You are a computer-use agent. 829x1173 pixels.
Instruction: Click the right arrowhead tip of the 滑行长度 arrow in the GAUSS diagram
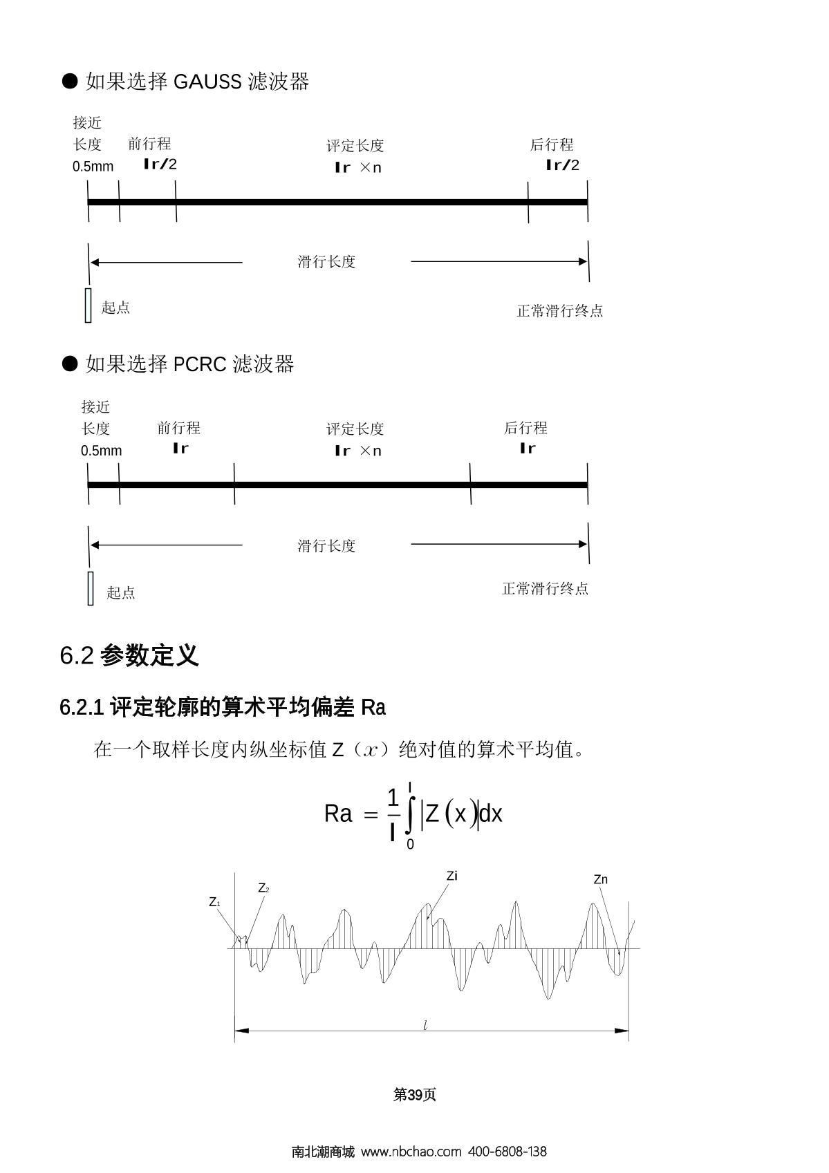[x=587, y=261]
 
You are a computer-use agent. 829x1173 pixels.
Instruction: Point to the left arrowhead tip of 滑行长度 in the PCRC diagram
[x=90, y=545]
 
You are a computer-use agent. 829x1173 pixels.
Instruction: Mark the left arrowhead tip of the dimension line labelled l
[x=234, y=1031]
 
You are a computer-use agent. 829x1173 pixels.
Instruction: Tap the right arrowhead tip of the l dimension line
[x=628, y=1031]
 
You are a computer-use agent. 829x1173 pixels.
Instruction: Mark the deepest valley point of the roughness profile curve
[x=548, y=999]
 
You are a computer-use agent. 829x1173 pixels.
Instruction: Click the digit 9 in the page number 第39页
[x=418, y=1095]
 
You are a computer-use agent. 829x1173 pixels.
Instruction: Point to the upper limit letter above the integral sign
[x=409, y=787]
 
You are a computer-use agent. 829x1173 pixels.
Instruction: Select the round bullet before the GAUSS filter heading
[x=70, y=81]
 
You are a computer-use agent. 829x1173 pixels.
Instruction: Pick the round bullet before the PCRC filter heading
[x=70, y=364]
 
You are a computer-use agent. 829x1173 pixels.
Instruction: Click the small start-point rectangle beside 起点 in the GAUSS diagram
[x=88, y=306]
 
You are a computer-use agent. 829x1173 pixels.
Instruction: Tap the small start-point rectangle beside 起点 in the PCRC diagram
[x=91, y=589]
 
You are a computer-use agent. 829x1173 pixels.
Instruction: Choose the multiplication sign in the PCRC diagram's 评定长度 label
[x=365, y=450]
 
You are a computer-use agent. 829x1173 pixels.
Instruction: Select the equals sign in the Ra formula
[x=371, y=815]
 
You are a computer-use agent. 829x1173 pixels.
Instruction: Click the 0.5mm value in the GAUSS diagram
[x=93, y=167]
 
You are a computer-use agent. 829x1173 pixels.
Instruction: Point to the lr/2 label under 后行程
[x=562, y=165]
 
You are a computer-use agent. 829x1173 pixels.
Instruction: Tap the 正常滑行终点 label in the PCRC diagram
[x=545, y=589]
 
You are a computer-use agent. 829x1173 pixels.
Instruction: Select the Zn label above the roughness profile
[x=601, y=879]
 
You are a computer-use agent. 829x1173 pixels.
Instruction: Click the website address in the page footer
[x=411, y=1152]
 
